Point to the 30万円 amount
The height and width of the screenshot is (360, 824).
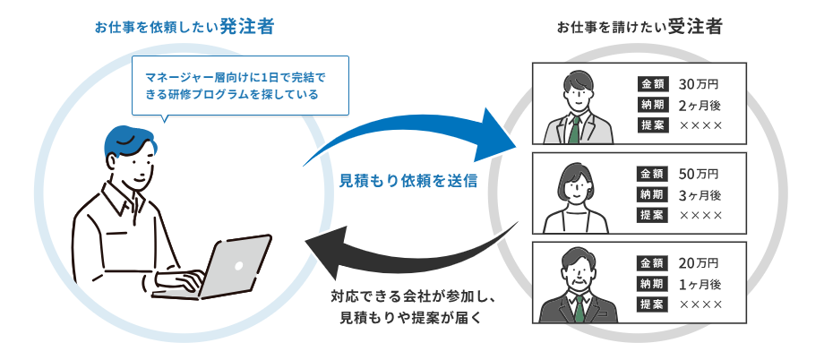[x=699, y=85]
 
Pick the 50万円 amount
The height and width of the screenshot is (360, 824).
[x=699, y=174]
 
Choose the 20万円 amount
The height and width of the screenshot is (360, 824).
[x=699, y=263]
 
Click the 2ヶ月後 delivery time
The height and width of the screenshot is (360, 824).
[x=700, y=105]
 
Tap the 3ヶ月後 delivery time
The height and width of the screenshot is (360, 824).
[x=700, y=194]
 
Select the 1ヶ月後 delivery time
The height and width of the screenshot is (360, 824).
[x=700, y=284]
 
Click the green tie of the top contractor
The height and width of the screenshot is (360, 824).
[x=574, y=131]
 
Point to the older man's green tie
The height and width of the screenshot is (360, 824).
[x=579, y=310]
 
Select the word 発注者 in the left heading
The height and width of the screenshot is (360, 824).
[x=244, y=27]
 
